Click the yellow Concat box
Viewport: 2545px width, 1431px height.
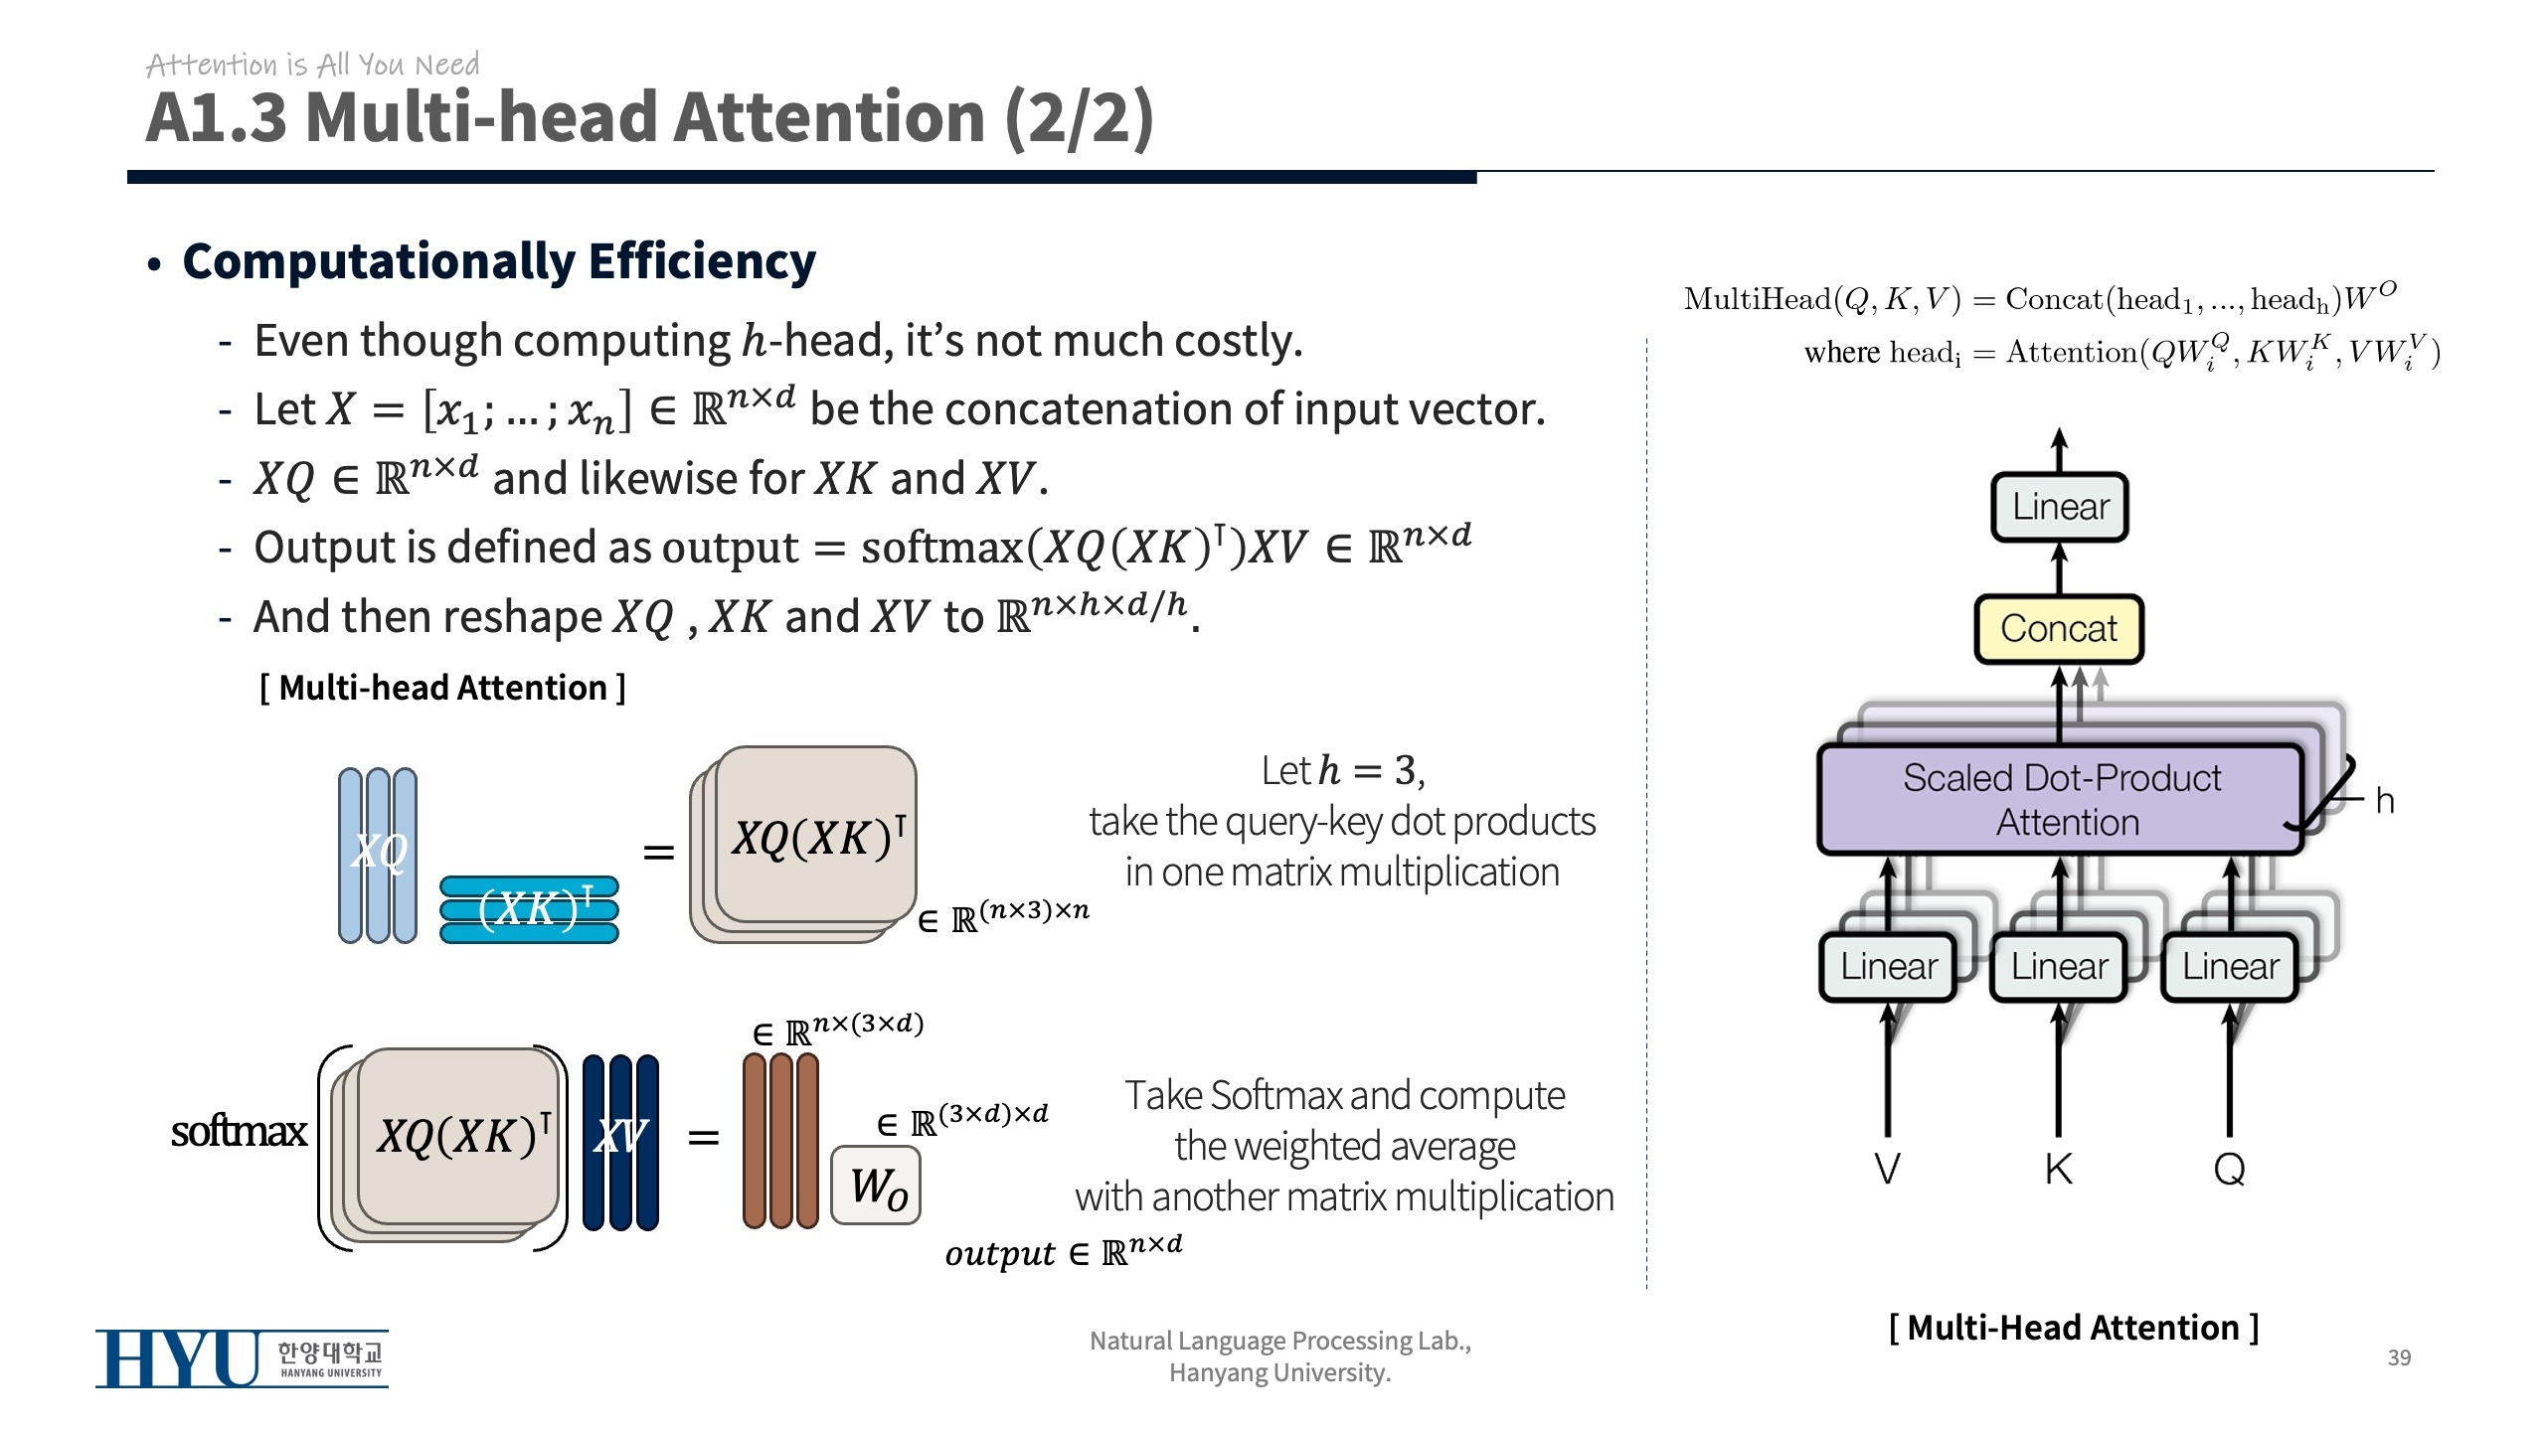(2058, 629)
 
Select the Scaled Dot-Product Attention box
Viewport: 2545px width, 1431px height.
(2060, 800)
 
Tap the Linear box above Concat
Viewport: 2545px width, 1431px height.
(2060, 507)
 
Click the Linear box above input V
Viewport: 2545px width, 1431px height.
(1888, 966)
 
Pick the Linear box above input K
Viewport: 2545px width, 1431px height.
(2059, 966)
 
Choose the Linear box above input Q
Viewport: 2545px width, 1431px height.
(2230, 966)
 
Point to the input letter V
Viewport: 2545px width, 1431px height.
(1887, 1169)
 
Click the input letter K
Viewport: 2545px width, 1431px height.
(2059, 1169)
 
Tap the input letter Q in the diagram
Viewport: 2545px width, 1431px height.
(2230, 1169)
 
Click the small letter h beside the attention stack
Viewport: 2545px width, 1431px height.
(2384, 801)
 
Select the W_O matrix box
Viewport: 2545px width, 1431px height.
(876, 1186)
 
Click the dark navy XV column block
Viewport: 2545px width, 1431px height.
(620, 1142)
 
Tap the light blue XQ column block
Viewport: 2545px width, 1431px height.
(378, 855)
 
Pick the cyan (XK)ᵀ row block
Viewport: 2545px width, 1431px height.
(529, 908)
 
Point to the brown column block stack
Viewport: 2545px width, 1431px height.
(780, 1141)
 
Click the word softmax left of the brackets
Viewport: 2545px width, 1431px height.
(239, 1132)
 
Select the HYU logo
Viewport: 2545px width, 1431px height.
(242, 1358)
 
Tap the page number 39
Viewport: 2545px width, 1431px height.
(2399, 1357)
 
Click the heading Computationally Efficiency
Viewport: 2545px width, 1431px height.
(499, 262)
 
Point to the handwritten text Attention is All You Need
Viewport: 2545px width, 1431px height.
(312, 65)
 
